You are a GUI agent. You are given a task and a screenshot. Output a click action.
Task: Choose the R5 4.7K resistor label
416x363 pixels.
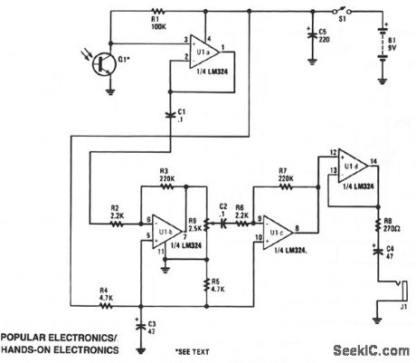(x=217, y=283)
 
